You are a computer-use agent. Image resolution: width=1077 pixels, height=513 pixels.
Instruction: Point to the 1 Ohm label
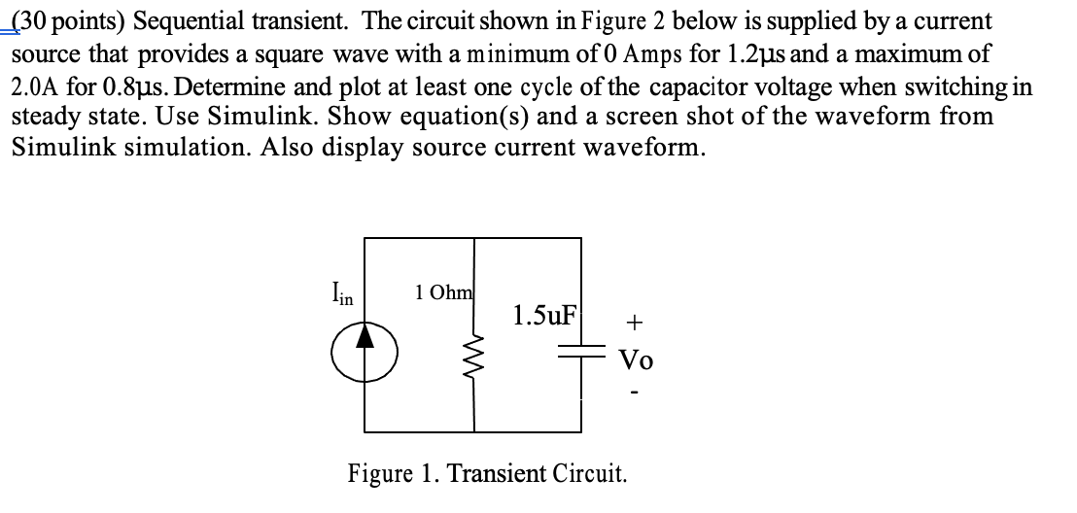pos(443,292)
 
